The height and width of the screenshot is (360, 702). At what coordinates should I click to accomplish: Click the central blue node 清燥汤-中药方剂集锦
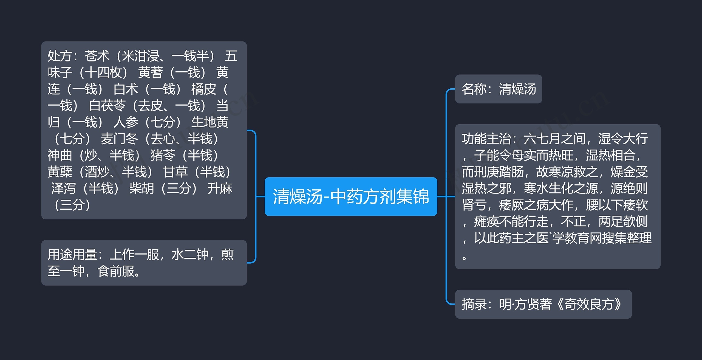pos(351,196)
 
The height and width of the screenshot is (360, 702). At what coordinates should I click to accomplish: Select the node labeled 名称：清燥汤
pos(498,89)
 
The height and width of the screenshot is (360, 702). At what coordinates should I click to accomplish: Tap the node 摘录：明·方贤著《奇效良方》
pos(543,304)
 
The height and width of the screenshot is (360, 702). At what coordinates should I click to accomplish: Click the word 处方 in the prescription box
pos(60,56)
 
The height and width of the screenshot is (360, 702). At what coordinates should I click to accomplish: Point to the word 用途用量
pos(72,255)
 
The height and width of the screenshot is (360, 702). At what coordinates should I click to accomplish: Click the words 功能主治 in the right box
pos(486,139)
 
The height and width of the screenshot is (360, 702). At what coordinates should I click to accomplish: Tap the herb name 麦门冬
pos(120,139)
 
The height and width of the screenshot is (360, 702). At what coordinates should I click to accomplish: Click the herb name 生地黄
pos(210,122)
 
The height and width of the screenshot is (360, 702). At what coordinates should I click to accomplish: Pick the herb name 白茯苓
pos(107,106)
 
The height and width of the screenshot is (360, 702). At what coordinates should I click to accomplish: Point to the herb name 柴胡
pos(141,189)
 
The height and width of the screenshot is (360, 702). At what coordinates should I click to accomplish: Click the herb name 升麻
pos(220,189)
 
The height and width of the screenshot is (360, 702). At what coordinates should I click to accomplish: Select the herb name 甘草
pos(175,172)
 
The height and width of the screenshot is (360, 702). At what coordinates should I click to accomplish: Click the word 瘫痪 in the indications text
pos(486,222)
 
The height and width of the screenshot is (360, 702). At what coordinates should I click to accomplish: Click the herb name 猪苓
pos(163,155)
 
